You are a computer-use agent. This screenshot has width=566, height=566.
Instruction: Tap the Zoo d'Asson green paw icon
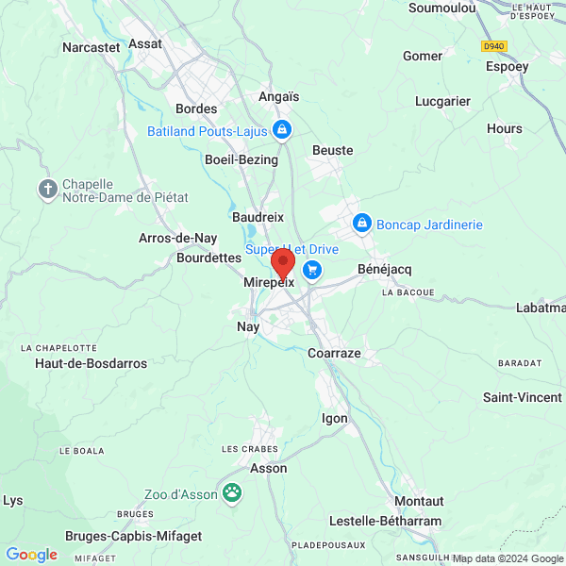(232, 492)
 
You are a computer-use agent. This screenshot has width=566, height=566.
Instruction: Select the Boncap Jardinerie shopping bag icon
(360, 224)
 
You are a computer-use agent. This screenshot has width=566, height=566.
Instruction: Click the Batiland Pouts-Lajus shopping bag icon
(280, 130)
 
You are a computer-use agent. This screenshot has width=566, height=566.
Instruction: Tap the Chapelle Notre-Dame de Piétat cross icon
(48, 190)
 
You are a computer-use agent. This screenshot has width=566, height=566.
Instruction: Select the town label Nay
(247, 326)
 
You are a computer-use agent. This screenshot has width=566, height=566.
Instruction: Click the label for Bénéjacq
(382, 270)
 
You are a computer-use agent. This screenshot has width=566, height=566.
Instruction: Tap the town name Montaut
(419, 501)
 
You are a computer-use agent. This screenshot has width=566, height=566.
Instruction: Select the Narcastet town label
(91, 46)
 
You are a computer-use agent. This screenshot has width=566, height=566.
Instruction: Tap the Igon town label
(335, 418)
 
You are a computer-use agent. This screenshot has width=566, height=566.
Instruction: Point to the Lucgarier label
(442, 101)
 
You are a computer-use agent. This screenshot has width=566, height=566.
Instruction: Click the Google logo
(31, 555)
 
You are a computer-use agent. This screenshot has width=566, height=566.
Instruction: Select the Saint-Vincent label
(522, 397)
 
